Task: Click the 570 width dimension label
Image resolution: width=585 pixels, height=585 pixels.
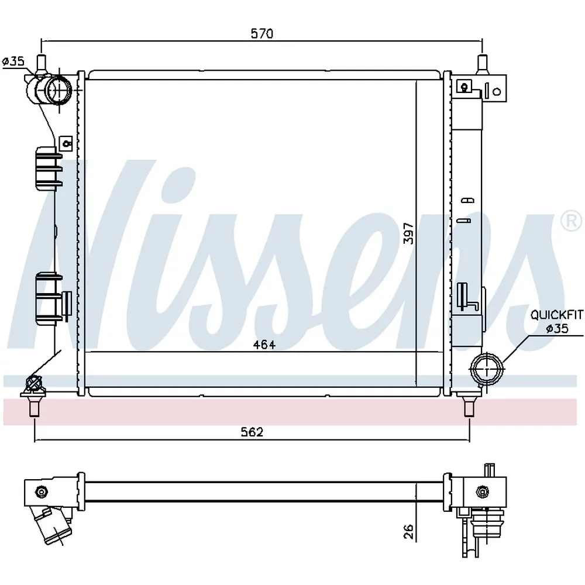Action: tap(262, 33)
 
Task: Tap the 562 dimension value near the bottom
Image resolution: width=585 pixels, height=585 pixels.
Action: tap(252, 432)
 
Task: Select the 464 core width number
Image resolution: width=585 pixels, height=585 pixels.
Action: tap(264, 345)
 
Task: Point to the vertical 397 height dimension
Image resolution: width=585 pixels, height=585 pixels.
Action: tap(409, 233)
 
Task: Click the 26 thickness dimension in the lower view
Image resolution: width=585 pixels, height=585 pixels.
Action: tap(409, 531)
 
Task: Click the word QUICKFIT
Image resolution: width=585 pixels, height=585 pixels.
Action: tap(557, 315)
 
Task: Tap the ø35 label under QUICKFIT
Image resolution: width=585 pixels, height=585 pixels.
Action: tap(557, 329)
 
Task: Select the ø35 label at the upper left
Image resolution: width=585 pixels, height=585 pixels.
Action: tap(13, 61)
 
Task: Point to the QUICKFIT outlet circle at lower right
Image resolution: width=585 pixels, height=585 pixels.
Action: tap(487, 369)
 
